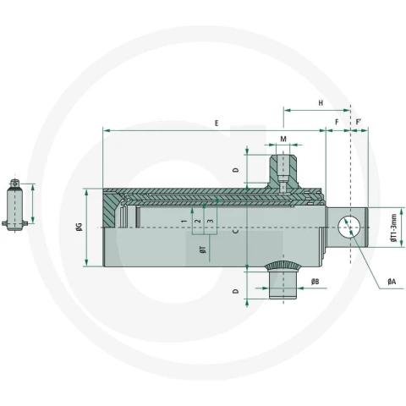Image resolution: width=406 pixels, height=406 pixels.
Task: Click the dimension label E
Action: coord(217,123)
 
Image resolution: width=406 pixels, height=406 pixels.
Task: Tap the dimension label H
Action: coord(321,103)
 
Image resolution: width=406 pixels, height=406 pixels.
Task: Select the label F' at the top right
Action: coord(359,122)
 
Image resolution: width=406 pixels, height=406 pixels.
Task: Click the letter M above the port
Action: coord(283,139)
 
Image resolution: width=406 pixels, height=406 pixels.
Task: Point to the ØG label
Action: coord(80,227)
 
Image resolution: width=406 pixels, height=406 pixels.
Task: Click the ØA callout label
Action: coord(392,281)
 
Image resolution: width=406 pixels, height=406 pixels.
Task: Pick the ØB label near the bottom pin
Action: coord(315,281)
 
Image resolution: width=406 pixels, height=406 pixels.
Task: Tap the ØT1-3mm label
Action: coord(393,228)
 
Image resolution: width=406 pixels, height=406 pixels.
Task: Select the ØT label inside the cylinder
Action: coord(203,250)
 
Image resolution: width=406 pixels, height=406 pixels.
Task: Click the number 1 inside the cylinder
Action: coord(184,221)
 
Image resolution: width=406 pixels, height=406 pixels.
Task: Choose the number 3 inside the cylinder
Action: coord(211,221)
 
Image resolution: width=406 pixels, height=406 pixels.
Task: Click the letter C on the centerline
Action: coord(236,231)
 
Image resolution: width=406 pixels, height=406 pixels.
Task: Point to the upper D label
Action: coord(236,170)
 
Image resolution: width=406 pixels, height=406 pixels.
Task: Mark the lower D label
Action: coord(236,291)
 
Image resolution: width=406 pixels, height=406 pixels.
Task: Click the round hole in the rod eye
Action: coord(349,228)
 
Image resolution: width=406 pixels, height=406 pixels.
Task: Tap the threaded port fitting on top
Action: coord(283,172)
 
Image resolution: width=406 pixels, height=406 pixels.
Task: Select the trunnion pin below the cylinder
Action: coord(283,280)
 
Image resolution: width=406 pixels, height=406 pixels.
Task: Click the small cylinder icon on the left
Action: coord(14,206)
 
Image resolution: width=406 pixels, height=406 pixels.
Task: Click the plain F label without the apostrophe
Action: coord(337,122)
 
